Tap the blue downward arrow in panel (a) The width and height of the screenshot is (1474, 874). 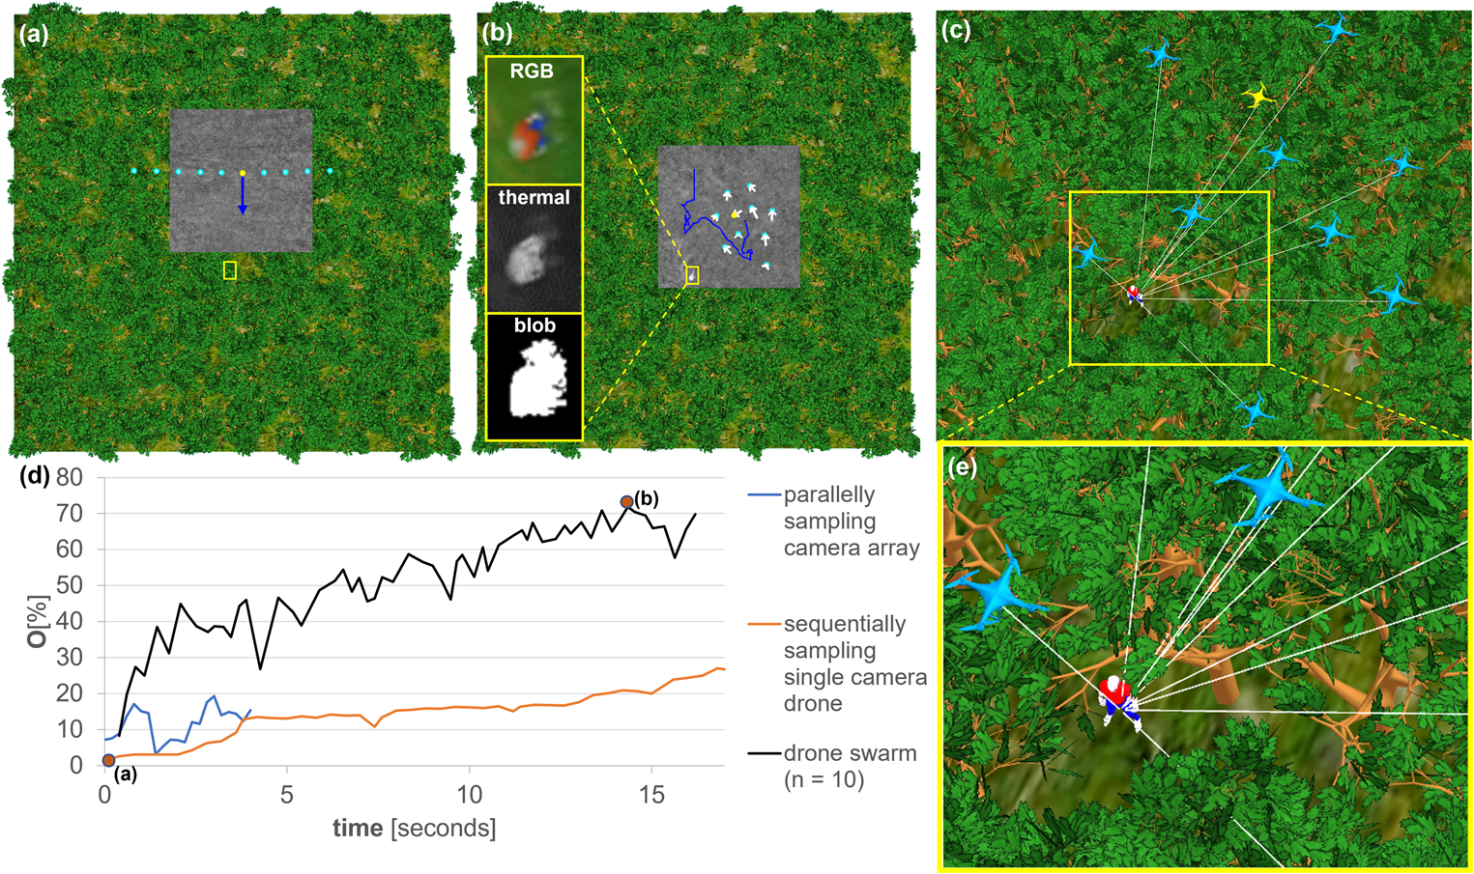point(243,195)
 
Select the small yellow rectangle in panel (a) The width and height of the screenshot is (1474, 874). point(230,270)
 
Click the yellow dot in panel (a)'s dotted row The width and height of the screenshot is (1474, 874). point(243,173)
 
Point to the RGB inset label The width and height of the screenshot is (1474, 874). point(533,71)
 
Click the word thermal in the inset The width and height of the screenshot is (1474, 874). point(534,198)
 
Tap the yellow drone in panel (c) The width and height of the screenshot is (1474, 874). point(1257,95)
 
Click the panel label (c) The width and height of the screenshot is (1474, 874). point(956,30)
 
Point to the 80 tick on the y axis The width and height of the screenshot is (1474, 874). point(69,478)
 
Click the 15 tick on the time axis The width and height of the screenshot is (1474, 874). point(651,794)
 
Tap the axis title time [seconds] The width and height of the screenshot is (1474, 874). point(414,828)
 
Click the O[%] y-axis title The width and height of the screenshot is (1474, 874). point(37,620)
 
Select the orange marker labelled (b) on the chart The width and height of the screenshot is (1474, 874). point(626,502)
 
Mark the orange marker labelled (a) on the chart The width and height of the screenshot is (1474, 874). point(108,761)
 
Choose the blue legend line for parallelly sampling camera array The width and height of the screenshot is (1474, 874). point(764,495)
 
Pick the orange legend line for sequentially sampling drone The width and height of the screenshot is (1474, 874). point(764,625)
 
